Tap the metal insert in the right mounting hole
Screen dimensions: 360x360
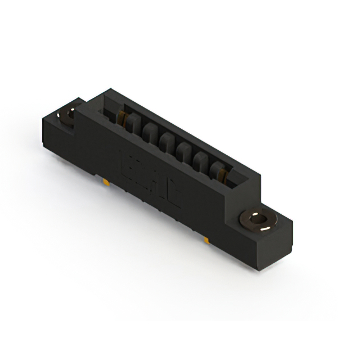[259, 220]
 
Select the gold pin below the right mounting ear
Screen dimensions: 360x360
[207, 241]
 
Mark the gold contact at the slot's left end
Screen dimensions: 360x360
[121, 118]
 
